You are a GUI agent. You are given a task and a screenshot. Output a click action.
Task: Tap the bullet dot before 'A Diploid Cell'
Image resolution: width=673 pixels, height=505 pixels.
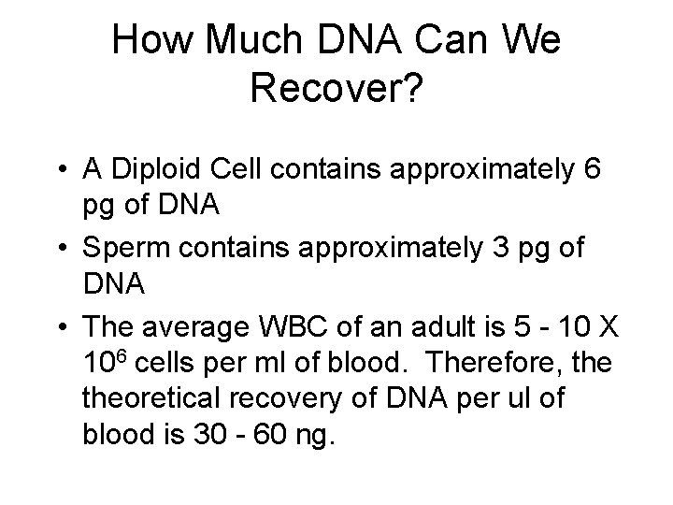tap(59, 170)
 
